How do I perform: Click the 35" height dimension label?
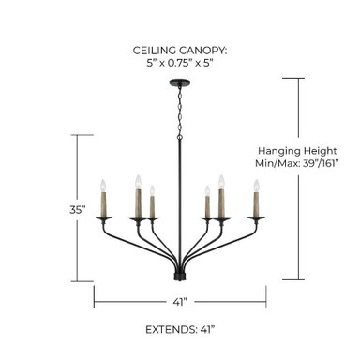tap(78, 210)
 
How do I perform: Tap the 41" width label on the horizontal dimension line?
tap(180, 302)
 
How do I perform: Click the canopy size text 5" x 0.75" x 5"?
tap(180, 63)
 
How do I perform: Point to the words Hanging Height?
tap(297, 151)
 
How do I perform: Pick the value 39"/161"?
tap(321, 163)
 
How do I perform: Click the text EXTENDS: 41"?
tap(180, 329)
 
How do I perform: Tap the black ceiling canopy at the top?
tap(180, 82)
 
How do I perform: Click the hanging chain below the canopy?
tap(180, 110)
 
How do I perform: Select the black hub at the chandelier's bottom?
tap(180, 277)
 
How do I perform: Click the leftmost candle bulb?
tap(103, 186)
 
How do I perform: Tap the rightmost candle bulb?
tap(256, 186)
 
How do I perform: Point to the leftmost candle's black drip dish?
tap(104, 218)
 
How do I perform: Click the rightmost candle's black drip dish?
tap(256, 218)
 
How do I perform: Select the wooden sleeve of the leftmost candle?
tap(103, 204)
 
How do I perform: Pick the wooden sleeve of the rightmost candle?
tap(256, 204)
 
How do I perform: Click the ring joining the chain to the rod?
tap(180, 137)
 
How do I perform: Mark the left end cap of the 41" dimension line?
tap(94, 296)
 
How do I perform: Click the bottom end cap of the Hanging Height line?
tap(293, 279)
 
